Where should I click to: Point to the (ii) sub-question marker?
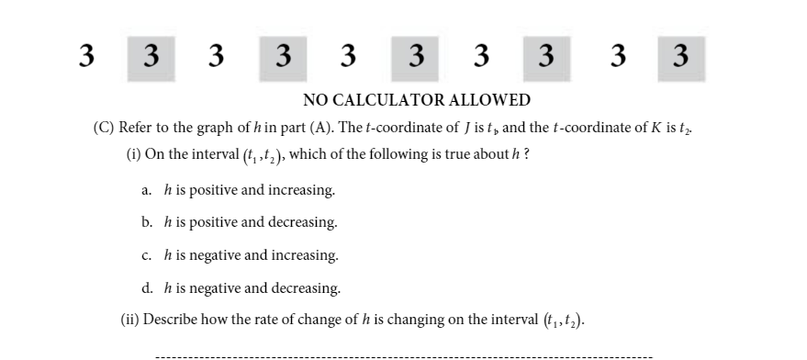[130, 321]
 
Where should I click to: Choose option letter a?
[146, 191]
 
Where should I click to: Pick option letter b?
[147, 222]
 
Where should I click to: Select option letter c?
[146, 254]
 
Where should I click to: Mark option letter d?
[147, 287]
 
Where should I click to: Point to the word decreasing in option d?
[307, 287]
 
